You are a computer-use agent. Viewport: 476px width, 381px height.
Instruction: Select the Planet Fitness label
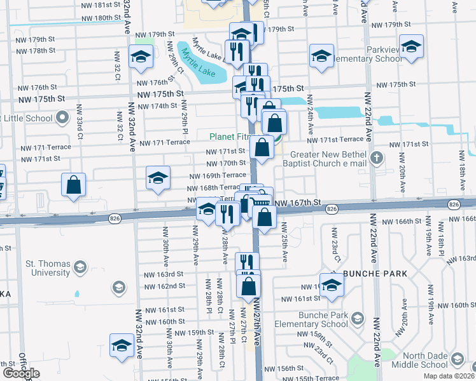click(x=232, y=136)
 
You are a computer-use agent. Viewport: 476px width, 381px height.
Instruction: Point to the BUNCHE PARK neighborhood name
click(x=375, y=274)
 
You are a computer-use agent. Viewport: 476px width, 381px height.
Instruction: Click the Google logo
click(x=22, y=373)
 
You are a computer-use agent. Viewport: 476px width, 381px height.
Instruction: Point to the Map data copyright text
click(x=449, y=376)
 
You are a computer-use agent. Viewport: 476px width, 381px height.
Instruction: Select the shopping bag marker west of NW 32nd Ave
click(x=74, y=185)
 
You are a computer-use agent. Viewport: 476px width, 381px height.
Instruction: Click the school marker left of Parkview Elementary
click(x=322, y=57)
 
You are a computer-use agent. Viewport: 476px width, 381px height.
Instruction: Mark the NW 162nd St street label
click(x=164, y=286)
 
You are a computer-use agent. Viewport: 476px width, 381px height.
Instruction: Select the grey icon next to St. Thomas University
click(x=80, y=267)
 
